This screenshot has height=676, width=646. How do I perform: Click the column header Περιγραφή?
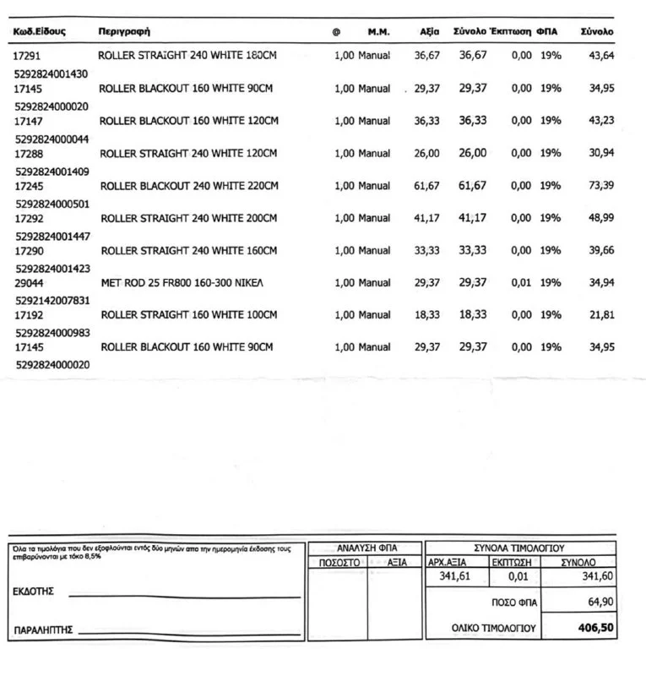coord(124,31)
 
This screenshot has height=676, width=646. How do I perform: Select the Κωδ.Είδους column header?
coord(40,31)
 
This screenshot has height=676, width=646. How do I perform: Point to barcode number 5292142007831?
coord(52,300)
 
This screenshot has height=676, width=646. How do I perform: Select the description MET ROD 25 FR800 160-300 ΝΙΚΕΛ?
coord(182,283)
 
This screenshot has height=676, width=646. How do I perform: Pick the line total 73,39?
coord(601,186)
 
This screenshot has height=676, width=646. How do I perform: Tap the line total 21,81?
coord(601,315)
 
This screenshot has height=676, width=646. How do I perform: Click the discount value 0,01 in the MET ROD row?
coord(521,283)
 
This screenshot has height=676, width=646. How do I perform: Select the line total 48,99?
coord(601,218)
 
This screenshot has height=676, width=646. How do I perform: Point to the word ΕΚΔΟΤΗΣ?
coord(35,591)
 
